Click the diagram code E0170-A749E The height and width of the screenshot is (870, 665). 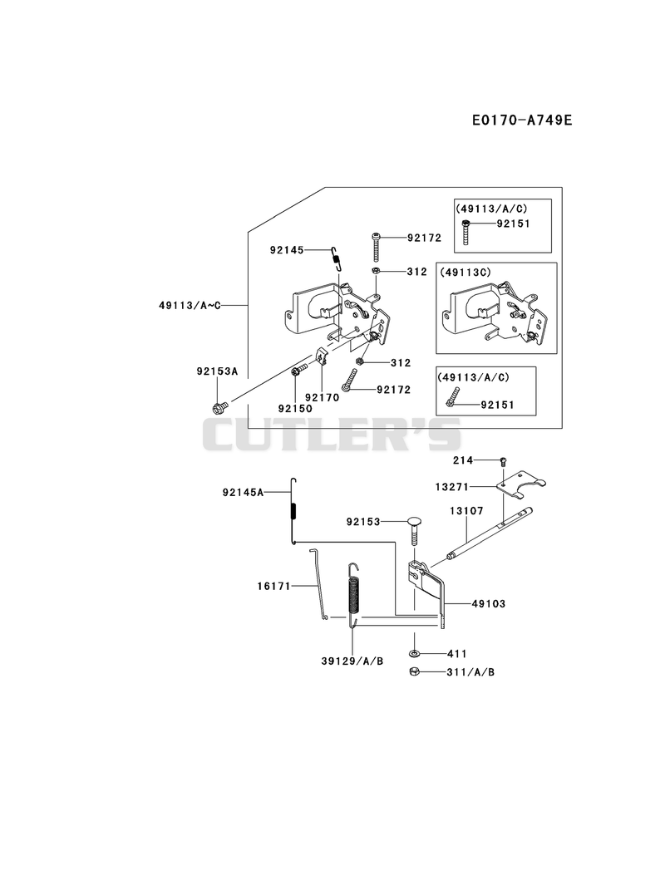[521, 120]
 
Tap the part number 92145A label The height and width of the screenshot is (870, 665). [243, 492]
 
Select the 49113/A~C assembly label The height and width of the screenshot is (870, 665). [190, 305]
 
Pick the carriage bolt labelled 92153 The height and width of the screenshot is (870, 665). [414, 532]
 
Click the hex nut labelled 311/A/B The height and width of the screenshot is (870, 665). [415, 671]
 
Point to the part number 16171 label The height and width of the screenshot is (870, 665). [273, 585]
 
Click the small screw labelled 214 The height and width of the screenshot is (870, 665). [504, 460]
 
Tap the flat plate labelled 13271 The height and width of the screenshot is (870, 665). [520, 484]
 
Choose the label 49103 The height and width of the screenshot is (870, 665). [489, 603]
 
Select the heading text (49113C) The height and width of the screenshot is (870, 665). [465, 273]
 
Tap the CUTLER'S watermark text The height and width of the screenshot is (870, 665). [332, 435]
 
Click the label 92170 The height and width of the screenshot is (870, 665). [322, 397]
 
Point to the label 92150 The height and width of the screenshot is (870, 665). [295, 408]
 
